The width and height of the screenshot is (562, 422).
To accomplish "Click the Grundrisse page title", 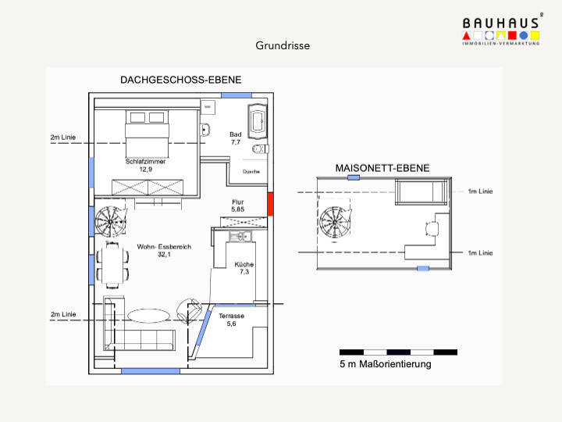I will point(283,45).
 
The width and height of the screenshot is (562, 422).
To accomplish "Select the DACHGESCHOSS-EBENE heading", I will point(180,80).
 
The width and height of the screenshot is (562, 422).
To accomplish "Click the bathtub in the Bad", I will point(257,120).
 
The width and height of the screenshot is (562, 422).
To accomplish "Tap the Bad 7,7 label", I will point(235,139).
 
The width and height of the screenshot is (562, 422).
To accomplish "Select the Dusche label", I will point(251,170).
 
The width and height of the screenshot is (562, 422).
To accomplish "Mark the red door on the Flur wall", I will point(271,205).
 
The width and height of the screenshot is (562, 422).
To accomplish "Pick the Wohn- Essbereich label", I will point(164,250).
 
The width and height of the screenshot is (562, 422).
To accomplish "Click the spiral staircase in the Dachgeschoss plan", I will point(110,221).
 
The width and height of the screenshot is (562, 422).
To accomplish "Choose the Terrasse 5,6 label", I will point(231,320).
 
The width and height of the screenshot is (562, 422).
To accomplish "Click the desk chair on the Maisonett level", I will point(431,228).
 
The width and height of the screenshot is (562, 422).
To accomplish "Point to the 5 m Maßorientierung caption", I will point(386,365).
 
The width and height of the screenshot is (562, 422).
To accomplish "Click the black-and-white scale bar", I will point(398,352).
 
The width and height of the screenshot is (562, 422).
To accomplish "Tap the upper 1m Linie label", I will point(480,191).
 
